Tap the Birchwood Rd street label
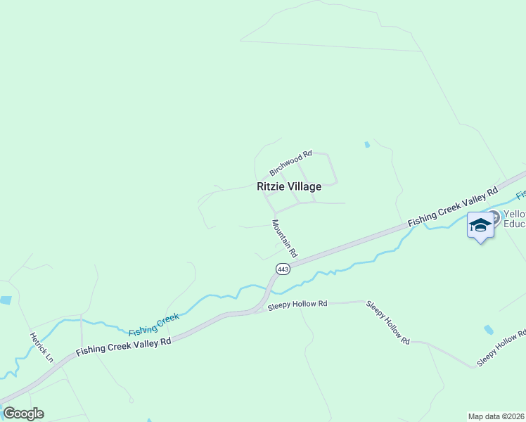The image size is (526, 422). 290,163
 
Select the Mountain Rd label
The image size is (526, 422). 286,238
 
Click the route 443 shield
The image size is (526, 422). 283,269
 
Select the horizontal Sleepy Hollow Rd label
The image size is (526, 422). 298,304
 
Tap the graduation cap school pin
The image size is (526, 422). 480,225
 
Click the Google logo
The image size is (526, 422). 23,414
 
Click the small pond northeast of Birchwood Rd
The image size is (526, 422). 367,145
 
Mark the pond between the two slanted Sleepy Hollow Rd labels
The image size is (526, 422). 489,329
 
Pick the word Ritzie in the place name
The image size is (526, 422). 271,186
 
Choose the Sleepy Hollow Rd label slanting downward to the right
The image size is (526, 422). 387,322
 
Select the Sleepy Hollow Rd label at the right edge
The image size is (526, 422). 501,347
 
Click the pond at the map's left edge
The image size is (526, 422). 5,300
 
